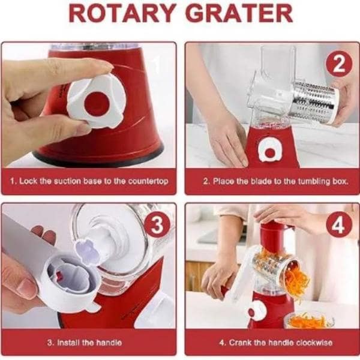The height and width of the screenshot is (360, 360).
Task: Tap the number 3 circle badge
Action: [x=157, y=226]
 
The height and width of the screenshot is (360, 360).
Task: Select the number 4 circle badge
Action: [x=338, y=226]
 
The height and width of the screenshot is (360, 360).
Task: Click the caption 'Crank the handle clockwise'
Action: [x=271, y=343]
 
